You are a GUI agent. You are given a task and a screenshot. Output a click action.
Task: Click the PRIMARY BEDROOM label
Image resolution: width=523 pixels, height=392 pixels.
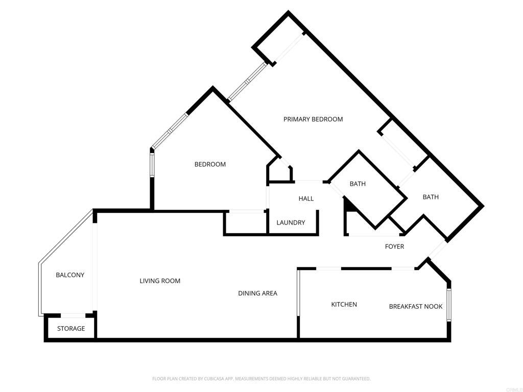click(313, 119)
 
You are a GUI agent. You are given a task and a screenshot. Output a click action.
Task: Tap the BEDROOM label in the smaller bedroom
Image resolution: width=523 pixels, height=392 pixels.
click(210, 164)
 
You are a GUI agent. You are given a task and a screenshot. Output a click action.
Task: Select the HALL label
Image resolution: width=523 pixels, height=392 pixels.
click(306, 199)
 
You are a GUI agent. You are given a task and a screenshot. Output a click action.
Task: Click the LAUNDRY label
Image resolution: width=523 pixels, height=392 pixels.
click(291, 223)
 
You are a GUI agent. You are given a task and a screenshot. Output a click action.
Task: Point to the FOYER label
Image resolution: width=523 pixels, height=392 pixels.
click(394, 247)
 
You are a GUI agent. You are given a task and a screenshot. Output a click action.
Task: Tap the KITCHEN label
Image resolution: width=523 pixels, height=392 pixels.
click(344, 304)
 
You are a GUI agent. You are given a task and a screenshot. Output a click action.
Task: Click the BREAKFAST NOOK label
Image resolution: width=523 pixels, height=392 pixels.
click(416, 306)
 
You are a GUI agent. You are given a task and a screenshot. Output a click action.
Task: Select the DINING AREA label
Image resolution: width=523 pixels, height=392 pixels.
click(257, 293)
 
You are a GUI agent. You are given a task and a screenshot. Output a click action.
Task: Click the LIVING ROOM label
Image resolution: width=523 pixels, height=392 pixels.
click(160, 281)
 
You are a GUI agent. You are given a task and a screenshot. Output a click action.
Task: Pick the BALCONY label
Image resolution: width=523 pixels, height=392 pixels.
click(70, 275)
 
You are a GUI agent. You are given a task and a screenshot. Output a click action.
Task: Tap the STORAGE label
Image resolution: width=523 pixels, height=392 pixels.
click(71, 329)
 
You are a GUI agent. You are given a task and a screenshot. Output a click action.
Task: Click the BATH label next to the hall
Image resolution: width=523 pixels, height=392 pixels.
click(358, 184)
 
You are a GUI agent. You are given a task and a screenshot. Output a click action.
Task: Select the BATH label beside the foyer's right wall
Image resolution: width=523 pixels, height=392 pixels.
click(431, 197)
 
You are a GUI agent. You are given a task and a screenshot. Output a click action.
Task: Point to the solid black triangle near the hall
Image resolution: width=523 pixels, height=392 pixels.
click(349, 204)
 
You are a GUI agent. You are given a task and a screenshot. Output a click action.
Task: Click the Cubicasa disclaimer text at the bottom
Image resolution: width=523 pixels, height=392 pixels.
click(261, 379)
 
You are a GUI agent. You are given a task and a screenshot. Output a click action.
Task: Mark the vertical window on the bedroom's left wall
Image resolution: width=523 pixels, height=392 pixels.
click(152, 165)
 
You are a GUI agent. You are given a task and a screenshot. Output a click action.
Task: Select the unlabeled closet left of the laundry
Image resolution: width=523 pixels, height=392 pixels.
click(246, 223)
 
